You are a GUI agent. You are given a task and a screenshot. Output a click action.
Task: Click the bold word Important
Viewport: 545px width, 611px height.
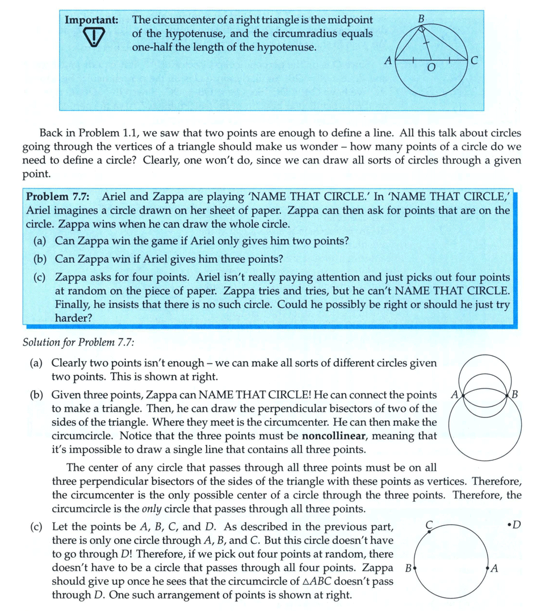click(x=91, y=19)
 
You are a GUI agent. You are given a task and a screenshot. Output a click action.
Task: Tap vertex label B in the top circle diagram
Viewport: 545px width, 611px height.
click(x=421, y=19)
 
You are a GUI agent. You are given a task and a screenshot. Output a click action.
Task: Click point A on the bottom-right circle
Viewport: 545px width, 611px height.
click(x=488, y=567)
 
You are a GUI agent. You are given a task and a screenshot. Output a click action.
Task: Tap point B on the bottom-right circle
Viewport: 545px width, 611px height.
click(x=416, y=567)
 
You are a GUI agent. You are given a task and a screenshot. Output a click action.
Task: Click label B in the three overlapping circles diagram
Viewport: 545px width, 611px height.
click(x=514, y=394)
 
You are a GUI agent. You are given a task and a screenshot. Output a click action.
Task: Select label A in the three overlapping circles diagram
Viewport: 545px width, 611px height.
click(x=454, y=394)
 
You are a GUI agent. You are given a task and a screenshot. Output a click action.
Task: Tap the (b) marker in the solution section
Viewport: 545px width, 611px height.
click(x=37, y=394)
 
